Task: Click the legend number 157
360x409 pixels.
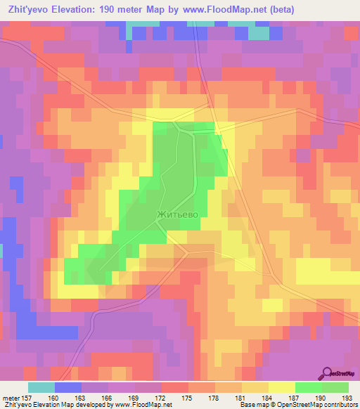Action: pos(28,398)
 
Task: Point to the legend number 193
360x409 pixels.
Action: pos(348,398)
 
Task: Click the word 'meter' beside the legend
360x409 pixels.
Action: pos(11,398)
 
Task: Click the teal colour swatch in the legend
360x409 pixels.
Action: pos(41,387)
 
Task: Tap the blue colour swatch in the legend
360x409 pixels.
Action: pos(68,387)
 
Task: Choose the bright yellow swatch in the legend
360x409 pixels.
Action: pos(281,387)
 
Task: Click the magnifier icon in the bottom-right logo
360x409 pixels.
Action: pos(328,372)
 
